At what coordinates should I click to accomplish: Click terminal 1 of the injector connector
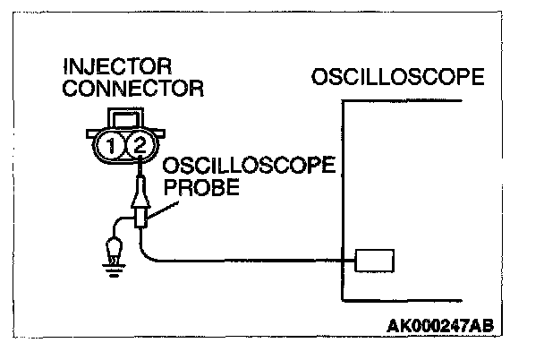click(109, 145)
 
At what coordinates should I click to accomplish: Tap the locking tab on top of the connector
click(123, 117)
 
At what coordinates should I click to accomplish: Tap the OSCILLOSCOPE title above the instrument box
click(398, 77)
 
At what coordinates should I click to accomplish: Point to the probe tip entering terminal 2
click(140, 166)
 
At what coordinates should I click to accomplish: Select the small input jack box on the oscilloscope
click(374, 261)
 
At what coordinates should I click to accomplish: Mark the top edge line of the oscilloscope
click(403, 102)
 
